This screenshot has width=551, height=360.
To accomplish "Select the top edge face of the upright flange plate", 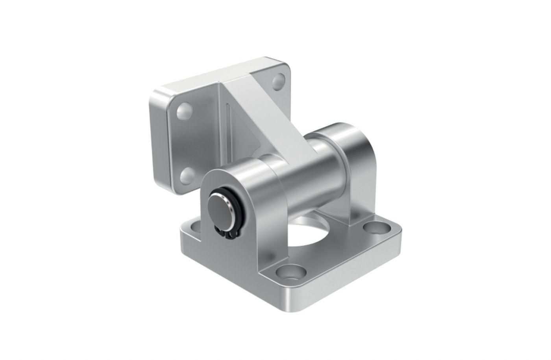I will pyautogui.click(x=209, y=75).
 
